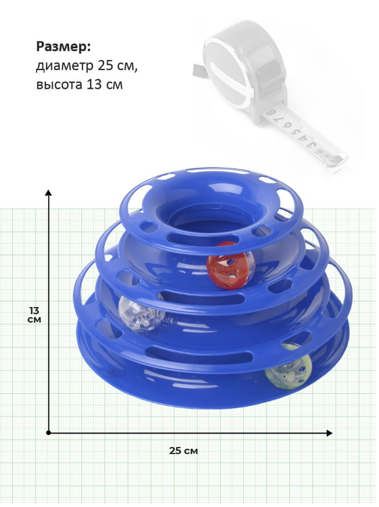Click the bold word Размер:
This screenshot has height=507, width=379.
64,47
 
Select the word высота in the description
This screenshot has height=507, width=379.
59,85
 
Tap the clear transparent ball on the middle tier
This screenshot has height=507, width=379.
141,314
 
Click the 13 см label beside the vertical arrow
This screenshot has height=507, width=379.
34,315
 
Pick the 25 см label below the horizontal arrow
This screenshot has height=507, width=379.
184,451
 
